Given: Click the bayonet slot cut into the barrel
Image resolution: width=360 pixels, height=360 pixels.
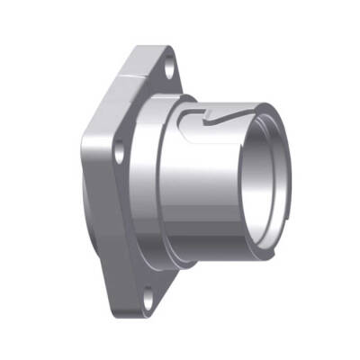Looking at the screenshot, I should (216, 121).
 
